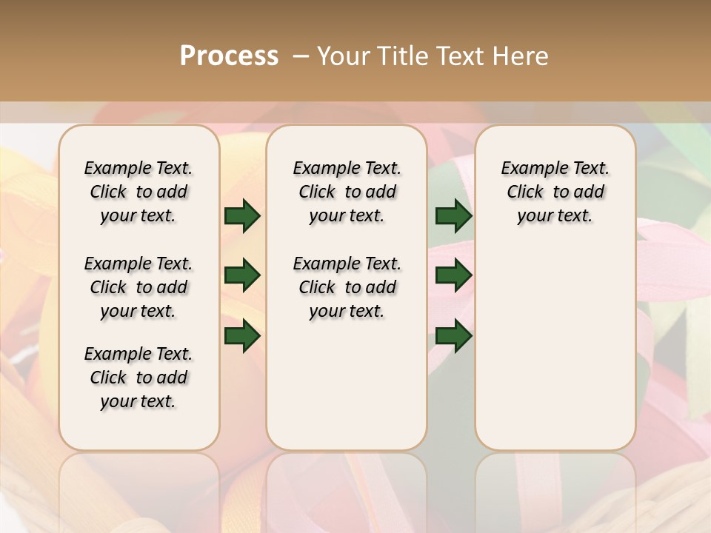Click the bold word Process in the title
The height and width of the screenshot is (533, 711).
point(229,56)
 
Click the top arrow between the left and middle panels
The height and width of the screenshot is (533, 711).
point(242,216)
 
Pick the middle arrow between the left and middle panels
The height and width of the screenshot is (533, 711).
point(242,276)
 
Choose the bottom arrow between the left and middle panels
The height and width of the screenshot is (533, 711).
point(242,336)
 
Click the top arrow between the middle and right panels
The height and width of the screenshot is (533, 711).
point(453,216)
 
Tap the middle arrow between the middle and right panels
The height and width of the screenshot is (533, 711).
point(453,276)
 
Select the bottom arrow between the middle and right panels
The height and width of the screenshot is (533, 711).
point(453,336)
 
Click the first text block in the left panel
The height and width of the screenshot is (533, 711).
point(138,192)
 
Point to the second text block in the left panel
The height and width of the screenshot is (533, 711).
point(138,287)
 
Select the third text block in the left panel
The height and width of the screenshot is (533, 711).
point(138,378)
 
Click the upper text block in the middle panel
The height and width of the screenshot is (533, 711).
point(347,192)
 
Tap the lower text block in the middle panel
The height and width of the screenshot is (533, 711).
point(347,287)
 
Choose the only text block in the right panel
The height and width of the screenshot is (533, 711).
point(555,192)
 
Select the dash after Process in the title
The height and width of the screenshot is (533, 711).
point(301,56)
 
